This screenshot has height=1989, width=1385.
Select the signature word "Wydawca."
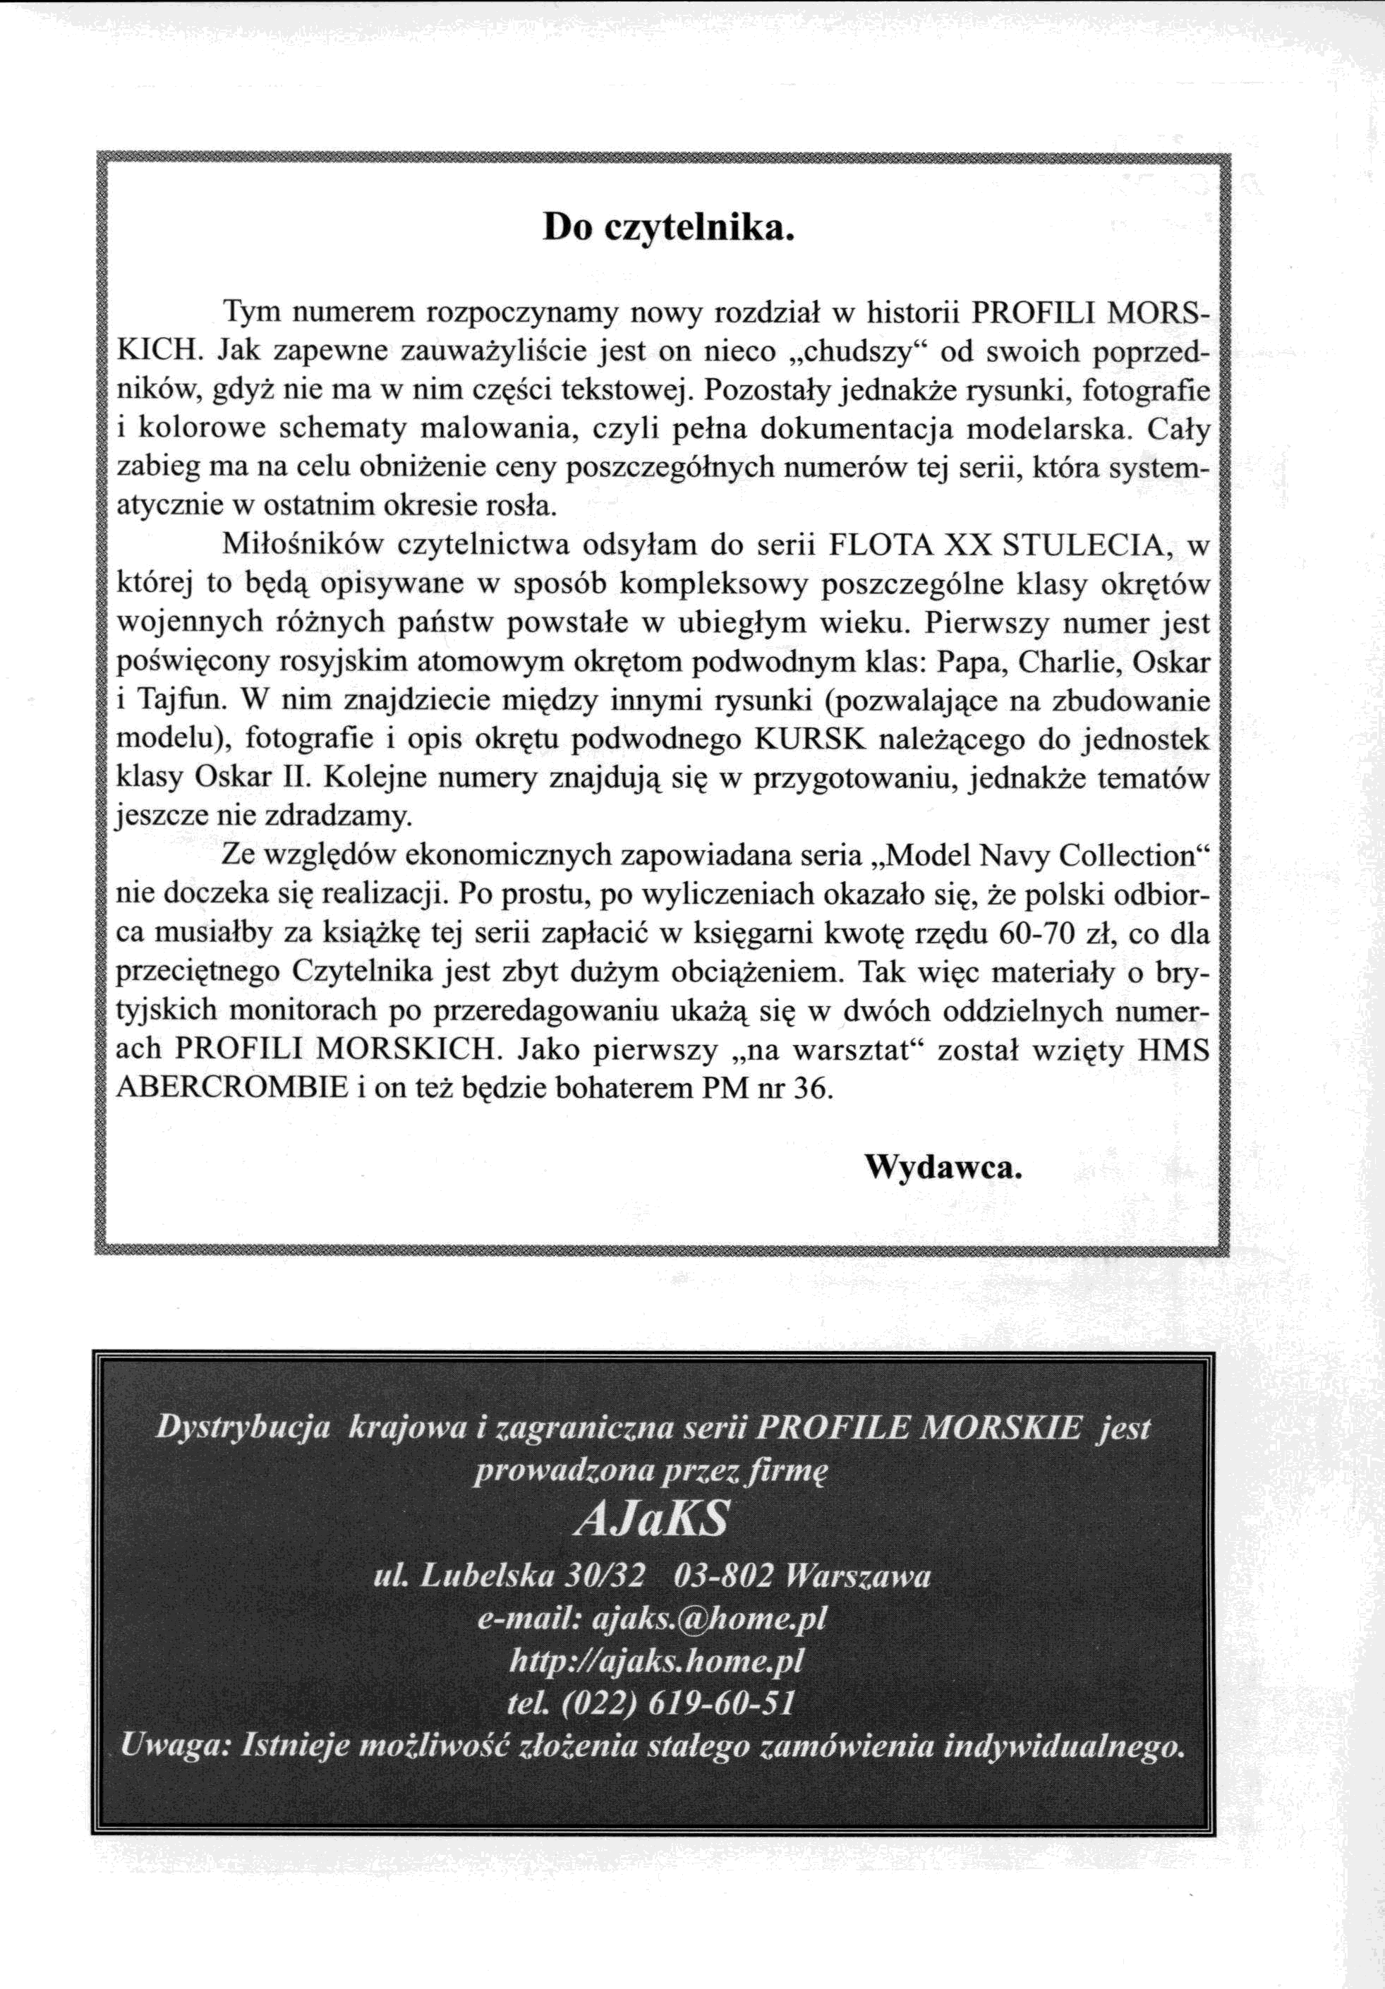(x=943, y=1168)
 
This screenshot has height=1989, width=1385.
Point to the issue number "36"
(x=814, y=1088)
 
